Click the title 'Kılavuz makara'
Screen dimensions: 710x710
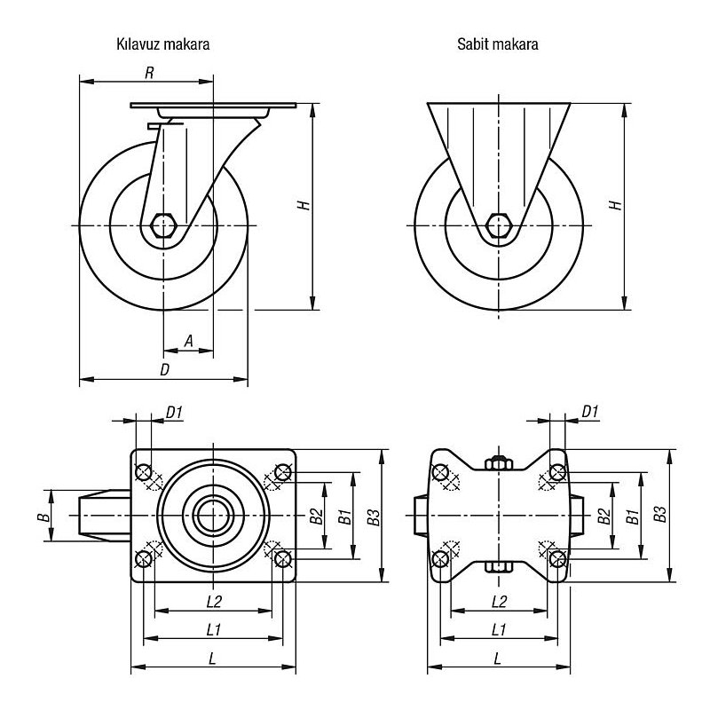pos(163,43)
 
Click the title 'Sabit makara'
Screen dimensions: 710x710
pos(498,43)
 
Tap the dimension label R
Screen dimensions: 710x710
pos(149,73)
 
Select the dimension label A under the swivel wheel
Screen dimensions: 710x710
pos(189,341)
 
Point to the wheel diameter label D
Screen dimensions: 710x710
pos(165,369)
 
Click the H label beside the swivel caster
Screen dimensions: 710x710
pos(304,205)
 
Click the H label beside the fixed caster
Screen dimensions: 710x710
pos(616,205)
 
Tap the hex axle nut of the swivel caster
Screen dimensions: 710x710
pos(163,225)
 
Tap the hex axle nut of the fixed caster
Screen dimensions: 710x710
pos(499,225)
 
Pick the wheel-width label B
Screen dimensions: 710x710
pos(43,517)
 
